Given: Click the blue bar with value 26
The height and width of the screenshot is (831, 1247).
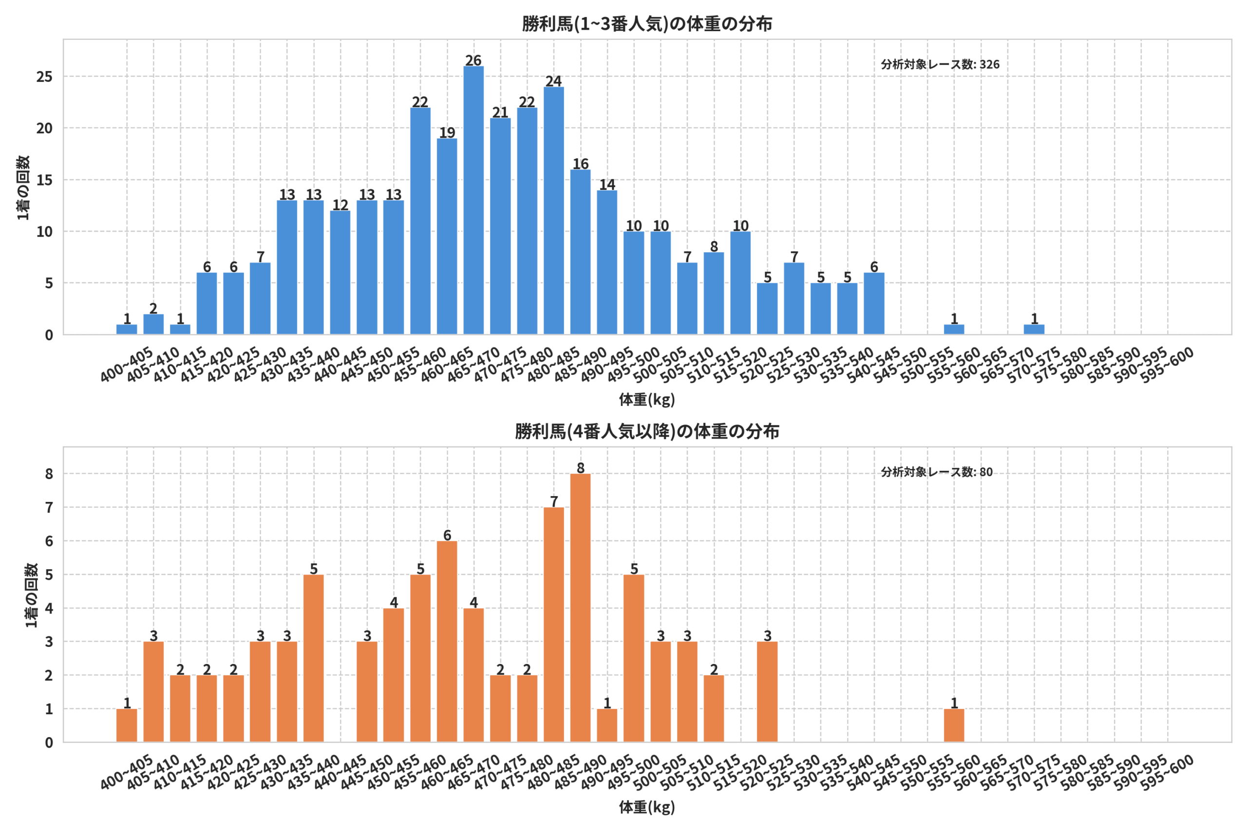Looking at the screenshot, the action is tap(473, 201).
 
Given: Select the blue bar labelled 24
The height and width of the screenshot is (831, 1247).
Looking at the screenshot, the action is tap(553, 210).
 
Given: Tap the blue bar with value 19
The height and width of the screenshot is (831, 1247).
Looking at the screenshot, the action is tap(447, 237).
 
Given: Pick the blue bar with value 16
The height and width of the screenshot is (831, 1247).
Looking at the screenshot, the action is tap(581, 252).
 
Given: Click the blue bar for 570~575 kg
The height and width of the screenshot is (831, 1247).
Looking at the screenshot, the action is tap(1034, 329).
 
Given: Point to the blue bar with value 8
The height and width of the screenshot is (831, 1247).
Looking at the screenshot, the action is tap(714, 293).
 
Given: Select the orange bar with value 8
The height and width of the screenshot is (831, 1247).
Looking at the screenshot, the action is tap(581, 608).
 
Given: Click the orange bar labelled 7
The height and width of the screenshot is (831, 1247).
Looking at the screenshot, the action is tap(553, 625).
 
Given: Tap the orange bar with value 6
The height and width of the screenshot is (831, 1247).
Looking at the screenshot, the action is tap(447, 641).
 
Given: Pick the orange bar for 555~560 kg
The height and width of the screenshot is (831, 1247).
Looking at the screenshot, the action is tap(954, 725).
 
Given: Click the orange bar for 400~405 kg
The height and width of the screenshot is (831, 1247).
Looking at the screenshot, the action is tap(127, 725).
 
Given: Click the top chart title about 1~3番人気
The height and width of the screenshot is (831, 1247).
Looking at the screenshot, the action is tap(647, 24).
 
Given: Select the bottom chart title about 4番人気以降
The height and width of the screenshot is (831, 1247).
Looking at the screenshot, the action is tap(647, 431).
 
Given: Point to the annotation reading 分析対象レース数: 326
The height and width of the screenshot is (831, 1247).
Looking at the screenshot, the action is tap(940, 65).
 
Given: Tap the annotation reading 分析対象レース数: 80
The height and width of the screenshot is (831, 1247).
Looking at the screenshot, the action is tap(936, 472).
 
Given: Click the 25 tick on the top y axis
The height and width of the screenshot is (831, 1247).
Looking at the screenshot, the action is tap(44, 77).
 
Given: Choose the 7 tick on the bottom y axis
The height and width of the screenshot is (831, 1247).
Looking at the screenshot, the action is tap(49, 508).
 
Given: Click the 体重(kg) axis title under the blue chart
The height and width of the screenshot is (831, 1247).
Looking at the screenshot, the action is tap(647, 400).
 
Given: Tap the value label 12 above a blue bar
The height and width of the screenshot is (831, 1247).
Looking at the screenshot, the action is tap(340, 205).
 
